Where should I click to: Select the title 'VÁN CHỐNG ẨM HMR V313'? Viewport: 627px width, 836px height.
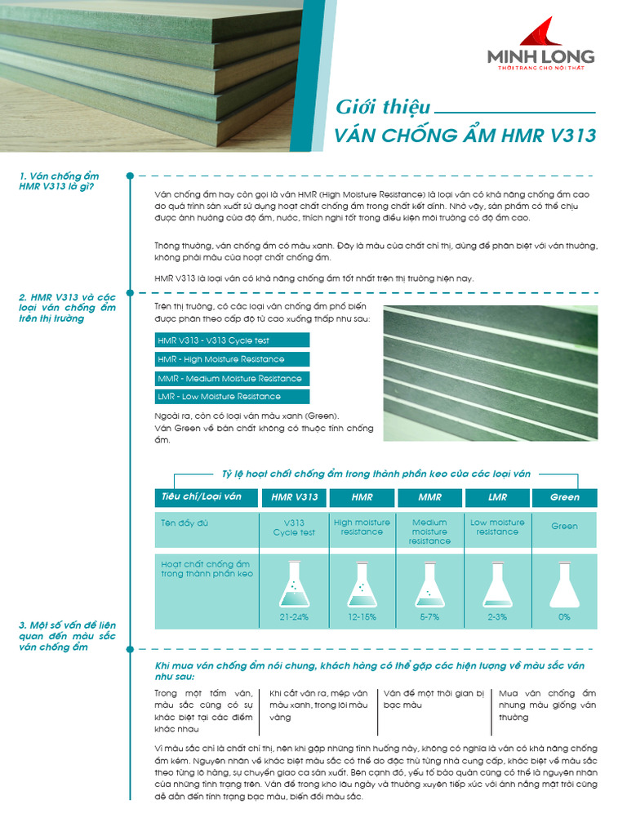click(465, 136)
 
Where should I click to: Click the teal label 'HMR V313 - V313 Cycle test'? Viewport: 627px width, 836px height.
click(232, 340)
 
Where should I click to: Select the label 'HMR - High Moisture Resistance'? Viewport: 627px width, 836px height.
click(232, 359)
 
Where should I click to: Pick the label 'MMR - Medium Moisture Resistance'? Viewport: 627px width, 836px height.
click(232, 379)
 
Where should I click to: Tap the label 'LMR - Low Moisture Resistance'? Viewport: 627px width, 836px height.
click(232, 397)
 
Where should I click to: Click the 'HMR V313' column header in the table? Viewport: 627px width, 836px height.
click(294, 497)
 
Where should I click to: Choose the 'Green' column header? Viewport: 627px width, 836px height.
click(564, 497)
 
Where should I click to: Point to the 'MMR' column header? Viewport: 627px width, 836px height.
click(429, 497)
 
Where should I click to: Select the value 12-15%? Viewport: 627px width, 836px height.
click(362, 617)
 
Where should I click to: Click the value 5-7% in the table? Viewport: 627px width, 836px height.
click(429, 617)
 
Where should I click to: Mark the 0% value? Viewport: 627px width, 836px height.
click(564, 617)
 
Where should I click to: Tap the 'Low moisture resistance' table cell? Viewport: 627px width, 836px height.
click(497, 527)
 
